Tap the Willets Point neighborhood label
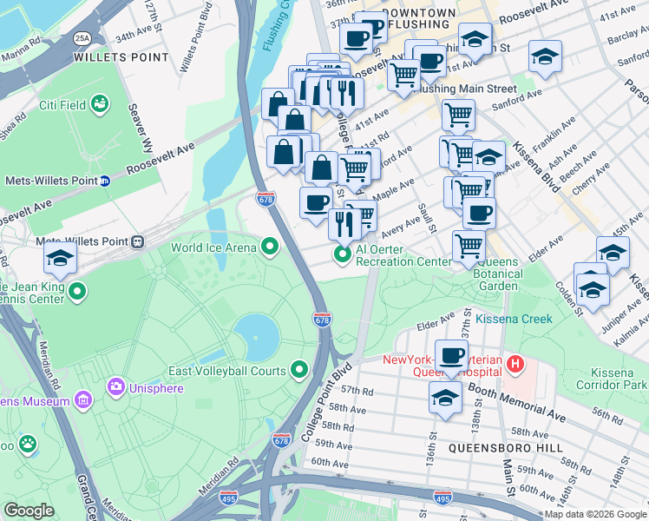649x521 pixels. (x=121, y=58)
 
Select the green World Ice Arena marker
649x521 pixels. (x=269, y=247)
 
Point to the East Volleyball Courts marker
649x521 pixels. (x=299, y=371)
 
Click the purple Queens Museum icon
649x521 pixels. (x=82, y=401)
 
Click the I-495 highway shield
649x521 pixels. (x=442, y=497)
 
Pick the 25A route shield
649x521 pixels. (x=82, y=37)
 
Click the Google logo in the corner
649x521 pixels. (x=29, y=511)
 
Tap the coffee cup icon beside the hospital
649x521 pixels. (x=451, y=354)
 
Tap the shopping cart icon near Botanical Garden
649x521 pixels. (x=469, y=245)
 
